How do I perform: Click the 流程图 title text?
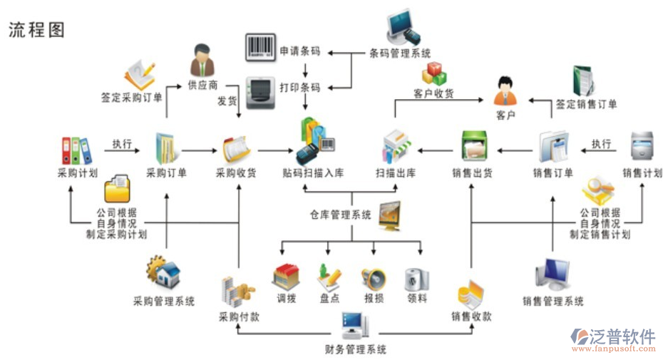[x=36, y=29]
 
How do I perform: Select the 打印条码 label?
[x=300, y=88]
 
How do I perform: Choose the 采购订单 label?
[x=166, y=173]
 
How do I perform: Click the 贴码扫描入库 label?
[x=313, y=173]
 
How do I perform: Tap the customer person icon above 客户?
[x=505, y=91]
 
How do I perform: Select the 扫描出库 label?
[x=396, y=173]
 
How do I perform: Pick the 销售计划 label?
[x=642, y=173]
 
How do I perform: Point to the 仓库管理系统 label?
[x=341, y=214]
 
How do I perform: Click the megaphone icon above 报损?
[x=373, y=278]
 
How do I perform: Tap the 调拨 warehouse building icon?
[x=286, y=277]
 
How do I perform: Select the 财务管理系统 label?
[x=355, y=349]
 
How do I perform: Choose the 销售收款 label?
[x=471, y=316]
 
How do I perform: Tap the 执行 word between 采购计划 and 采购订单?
[x=122, y=144]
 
